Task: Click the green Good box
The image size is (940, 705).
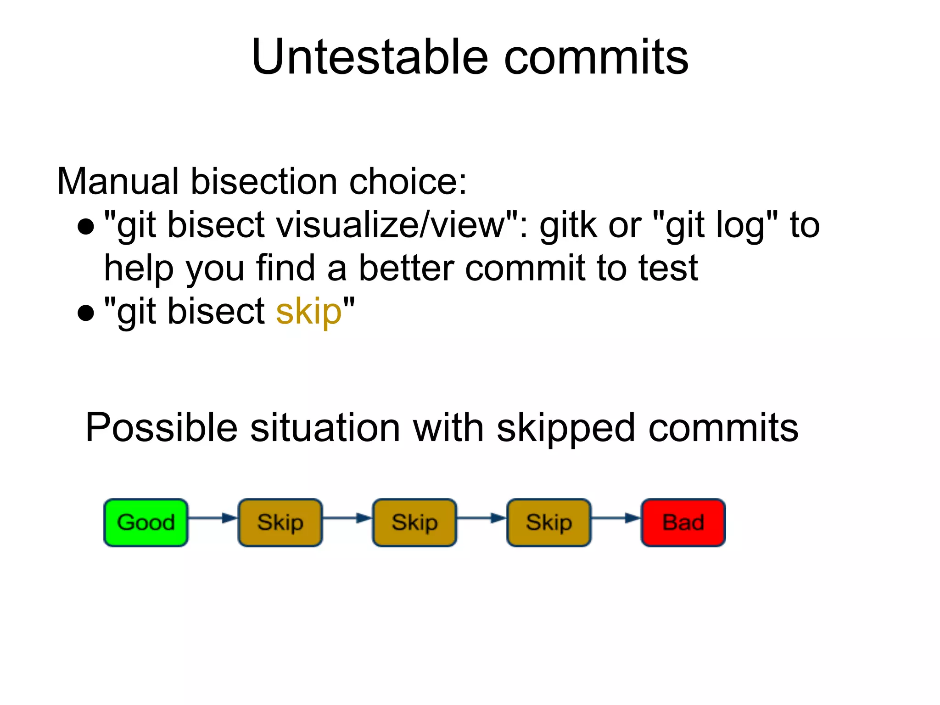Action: pos(146,522)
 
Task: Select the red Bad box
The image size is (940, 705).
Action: pos(683,522)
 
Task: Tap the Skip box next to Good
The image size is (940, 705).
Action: pos(280,522)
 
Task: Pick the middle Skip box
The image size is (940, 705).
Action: pos(414,522)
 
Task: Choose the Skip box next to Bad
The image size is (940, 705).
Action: pos(549,522)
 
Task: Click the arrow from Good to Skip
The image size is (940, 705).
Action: pos(213,518)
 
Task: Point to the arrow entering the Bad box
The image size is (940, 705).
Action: pos(615,518)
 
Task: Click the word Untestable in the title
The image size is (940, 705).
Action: pos(369,57)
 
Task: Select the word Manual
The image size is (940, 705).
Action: pos(117,181)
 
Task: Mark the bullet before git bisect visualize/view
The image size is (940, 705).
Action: pos(86,226)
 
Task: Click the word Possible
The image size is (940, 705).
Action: pos(161,428)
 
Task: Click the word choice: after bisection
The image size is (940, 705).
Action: pos(408,181)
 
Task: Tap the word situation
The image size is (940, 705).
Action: pos(325,428)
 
